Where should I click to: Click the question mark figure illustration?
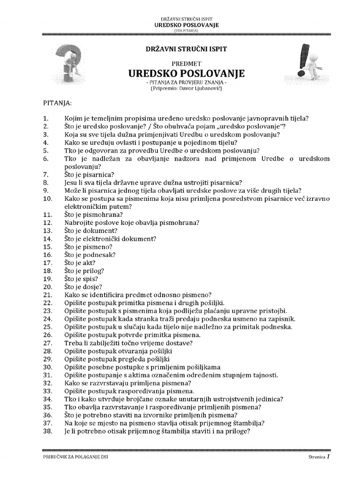[x=71, y=66]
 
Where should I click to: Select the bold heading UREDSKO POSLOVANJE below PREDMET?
[x=187, y=74]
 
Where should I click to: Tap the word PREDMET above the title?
[x=187, y=63]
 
